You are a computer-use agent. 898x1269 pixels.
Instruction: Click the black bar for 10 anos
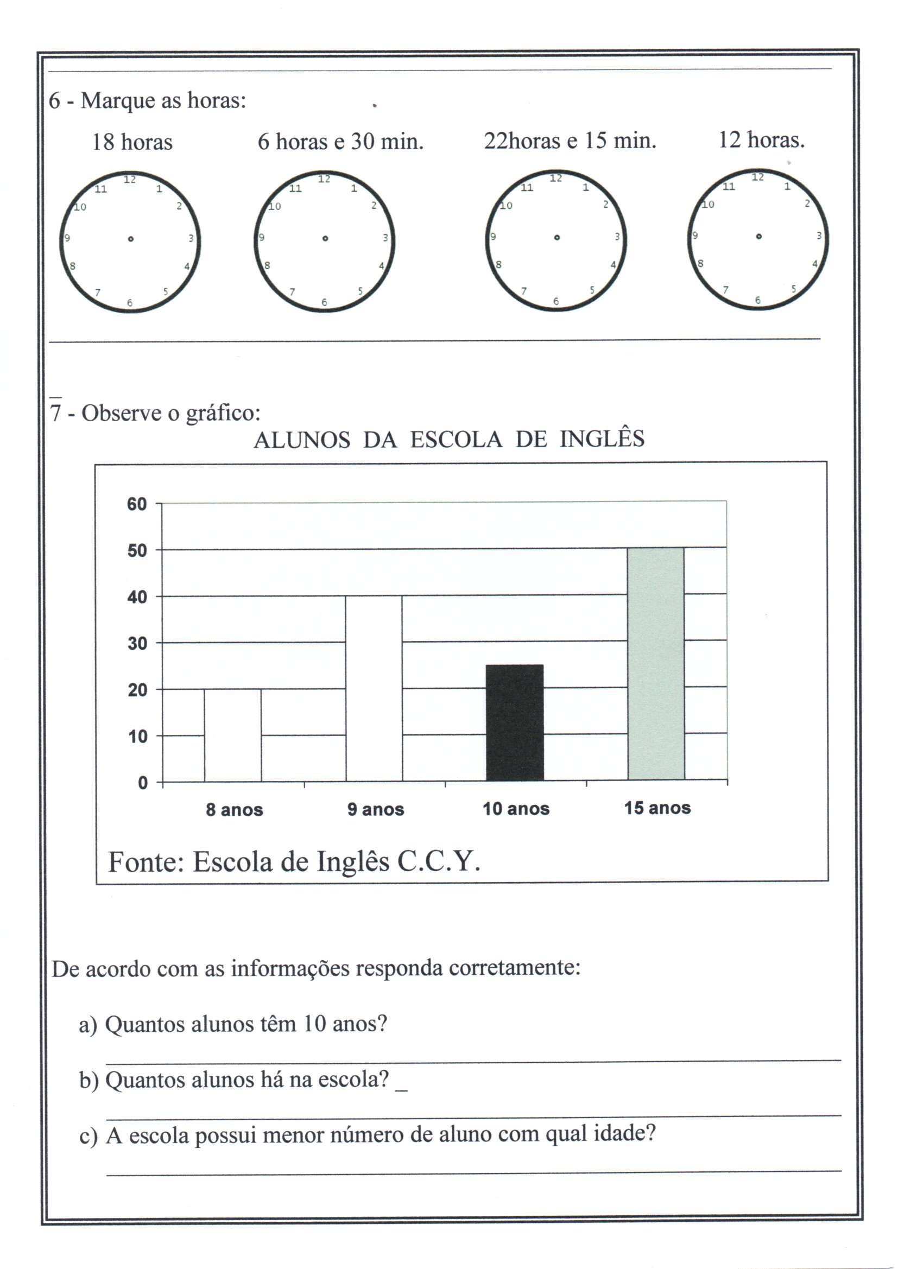click(514, 722)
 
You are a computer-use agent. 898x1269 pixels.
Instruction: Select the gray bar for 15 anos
click(656, 664)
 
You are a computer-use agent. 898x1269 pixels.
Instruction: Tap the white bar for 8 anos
click(233, 735)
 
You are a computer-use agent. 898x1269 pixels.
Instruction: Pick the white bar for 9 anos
click(374, 688)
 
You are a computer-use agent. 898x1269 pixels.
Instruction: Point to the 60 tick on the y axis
click(137, 504)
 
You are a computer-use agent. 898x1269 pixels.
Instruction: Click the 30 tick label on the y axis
click(137, 643)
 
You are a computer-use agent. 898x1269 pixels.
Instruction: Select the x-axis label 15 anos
click(657, 808)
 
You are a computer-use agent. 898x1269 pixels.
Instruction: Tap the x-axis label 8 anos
click(234, 810)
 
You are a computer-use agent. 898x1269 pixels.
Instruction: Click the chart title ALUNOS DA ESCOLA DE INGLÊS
click(449, 440)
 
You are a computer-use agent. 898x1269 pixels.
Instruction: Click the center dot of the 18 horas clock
click(130, 239)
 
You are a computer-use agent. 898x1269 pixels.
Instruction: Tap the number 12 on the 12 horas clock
click(757, 177)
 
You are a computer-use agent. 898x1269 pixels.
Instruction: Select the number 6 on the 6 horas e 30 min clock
click(324, 302)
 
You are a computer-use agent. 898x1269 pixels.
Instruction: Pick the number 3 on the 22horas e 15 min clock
click(617, 237)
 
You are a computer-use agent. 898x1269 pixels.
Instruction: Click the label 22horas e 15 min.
click(570, 141)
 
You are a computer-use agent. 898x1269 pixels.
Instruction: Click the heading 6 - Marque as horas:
click(147, 100)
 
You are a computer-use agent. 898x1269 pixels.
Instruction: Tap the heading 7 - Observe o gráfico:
click(155, 413)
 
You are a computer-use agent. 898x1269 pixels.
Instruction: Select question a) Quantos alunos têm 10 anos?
click(233, 1024)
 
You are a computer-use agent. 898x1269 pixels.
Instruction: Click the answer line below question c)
click(473, 1172)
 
